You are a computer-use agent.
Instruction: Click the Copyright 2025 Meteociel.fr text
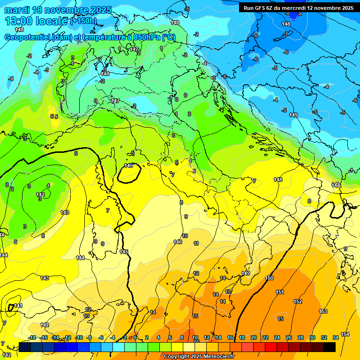(x=199, y=357)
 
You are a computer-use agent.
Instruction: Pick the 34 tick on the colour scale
(x=336, y=337)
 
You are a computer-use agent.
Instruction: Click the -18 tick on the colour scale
(x=32, y=337)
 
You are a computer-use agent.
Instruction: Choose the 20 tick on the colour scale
(x=254, y=337)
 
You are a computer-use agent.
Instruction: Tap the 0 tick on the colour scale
(x=135, y=337)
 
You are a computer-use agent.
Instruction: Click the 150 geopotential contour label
(x=269, y=278)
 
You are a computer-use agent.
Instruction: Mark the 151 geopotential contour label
(x=280, y=292)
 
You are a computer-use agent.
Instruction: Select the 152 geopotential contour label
(x=298, y=301)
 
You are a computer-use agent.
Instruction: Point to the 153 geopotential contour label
(x=323, y=311)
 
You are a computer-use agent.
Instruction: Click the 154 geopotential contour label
(x=345, y=334)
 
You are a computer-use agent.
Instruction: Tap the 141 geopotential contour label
(x=18, y=306)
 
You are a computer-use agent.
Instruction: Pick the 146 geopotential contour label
(x=178, y=242)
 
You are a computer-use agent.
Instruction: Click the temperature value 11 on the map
(x=196, y=243)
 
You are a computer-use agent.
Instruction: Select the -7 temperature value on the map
(x=286, y=33)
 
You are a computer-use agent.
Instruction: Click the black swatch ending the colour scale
(x=330, y=347)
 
